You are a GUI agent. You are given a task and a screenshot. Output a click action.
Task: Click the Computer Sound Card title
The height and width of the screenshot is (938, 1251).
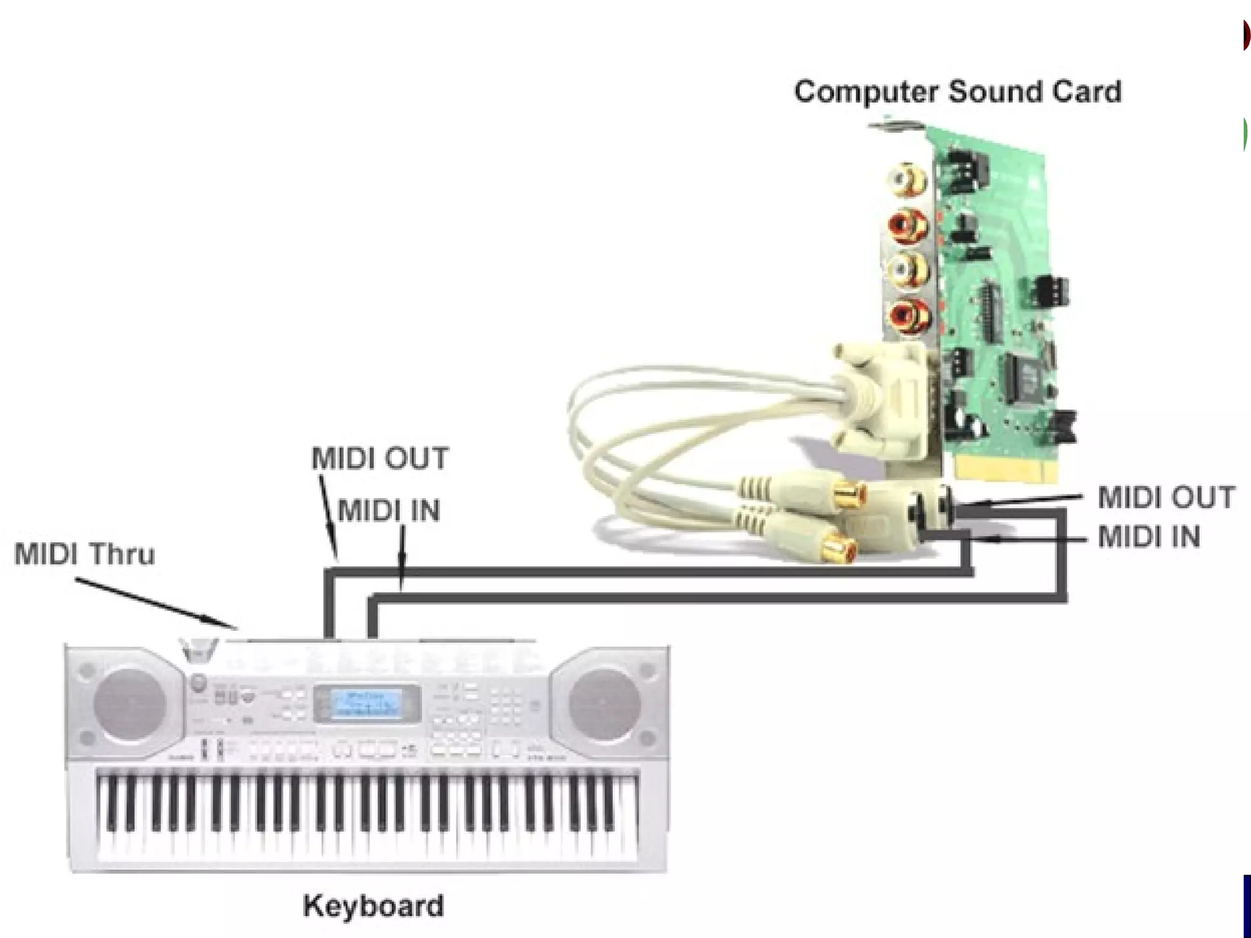pos(957,92)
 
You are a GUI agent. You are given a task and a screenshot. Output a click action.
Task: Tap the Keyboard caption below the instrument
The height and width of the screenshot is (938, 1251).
pos(373,906)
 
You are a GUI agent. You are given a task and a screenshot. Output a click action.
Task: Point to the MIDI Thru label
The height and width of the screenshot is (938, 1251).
pos(84,554)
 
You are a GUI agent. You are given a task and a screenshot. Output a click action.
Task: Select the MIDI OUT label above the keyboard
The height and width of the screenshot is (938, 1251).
pos(380,458)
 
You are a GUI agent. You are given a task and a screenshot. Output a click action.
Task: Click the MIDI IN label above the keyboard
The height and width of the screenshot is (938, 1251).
pos(388,511)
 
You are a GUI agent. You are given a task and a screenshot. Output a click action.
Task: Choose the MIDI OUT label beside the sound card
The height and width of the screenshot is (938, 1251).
pos(1166,497)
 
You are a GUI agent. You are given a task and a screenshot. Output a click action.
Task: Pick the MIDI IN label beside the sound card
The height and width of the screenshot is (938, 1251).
pos(1148,537)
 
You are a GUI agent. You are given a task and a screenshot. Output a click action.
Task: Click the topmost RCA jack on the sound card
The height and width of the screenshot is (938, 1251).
pos(908,179)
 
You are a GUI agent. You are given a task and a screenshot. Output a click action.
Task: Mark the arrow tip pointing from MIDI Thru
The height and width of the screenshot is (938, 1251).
pos(236,628)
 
